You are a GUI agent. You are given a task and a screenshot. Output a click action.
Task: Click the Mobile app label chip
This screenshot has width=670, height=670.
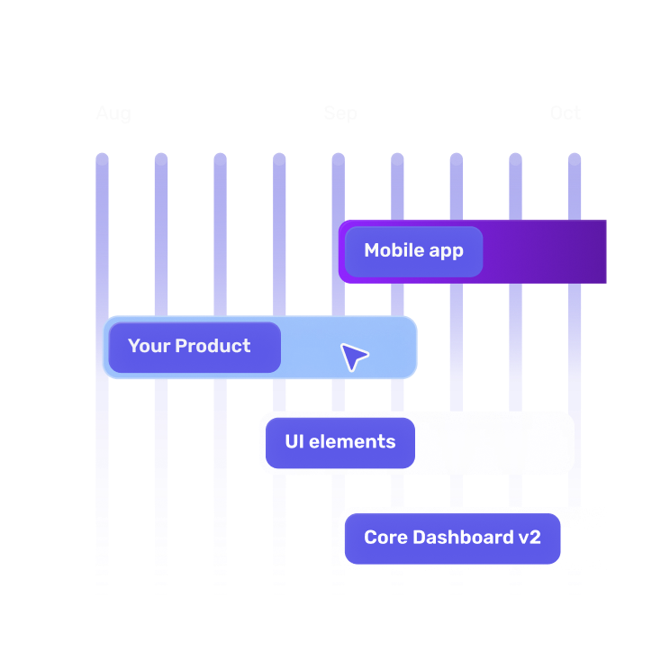click(x=413, y=251)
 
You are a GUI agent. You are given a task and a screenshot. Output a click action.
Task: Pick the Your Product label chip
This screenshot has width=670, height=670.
click(x=190, y=347)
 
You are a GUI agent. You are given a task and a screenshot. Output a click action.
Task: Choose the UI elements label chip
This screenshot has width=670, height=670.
click(x=340, y=442)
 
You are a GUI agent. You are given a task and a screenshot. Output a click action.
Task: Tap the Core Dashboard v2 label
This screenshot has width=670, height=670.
click(x=452, y=539)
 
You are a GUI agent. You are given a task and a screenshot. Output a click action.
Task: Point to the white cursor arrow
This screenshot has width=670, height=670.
click(x=353, y=357)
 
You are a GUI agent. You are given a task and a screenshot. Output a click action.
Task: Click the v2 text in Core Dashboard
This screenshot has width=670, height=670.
click(x=529, y=539)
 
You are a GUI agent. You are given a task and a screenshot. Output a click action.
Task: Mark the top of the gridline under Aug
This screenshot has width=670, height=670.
click(x=102, y=159)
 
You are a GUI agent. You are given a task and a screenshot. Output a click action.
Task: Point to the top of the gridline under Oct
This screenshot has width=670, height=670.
click(x=575, y=159)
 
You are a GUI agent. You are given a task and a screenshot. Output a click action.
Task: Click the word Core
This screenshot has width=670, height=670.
click(x=385, y=539)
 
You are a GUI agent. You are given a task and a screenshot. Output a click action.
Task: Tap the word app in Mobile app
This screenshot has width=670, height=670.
click(x=445, y=252)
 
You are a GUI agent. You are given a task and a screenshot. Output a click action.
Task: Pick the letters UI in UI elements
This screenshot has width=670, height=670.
click(x=294, y=442)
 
